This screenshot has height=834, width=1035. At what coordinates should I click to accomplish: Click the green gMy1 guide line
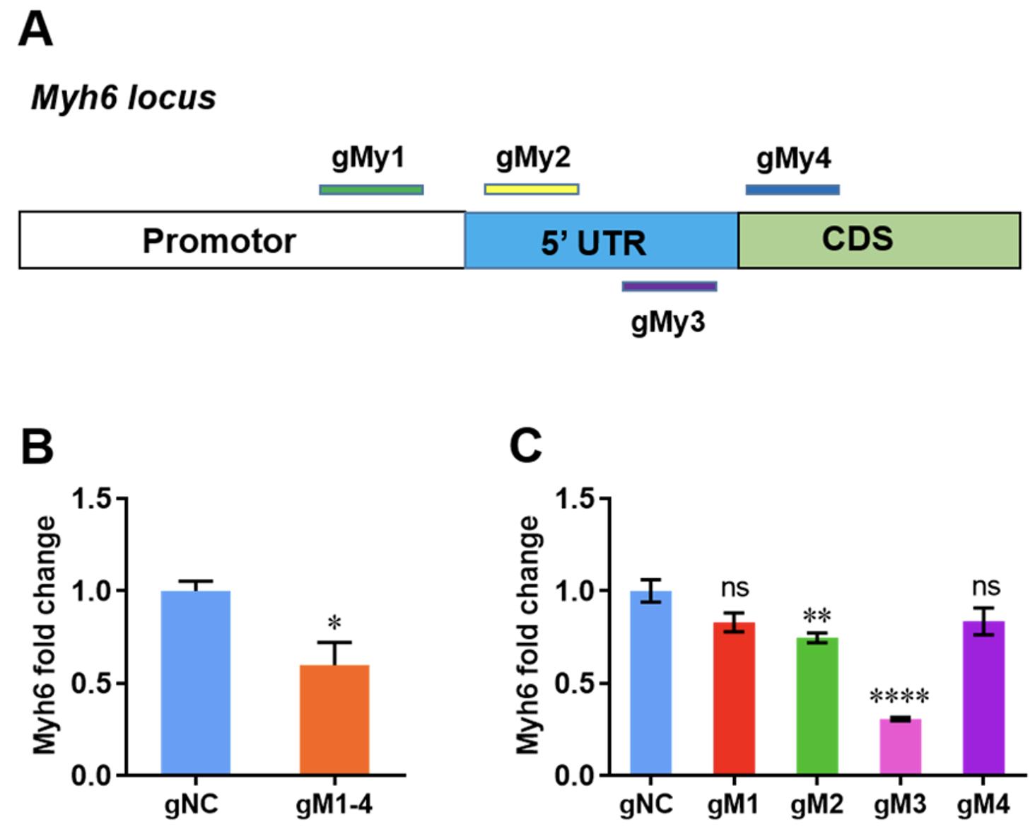[371, 189]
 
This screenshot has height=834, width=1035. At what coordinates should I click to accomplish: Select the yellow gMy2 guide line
[532, 189]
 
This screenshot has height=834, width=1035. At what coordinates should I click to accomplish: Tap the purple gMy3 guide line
[669, 286]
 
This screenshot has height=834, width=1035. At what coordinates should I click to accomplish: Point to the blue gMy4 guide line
[793, 189]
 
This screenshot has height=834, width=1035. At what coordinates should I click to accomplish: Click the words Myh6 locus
[124, 98]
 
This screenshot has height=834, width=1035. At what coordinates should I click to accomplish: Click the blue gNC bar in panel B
[196, 683]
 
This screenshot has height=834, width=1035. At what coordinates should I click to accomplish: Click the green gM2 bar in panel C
[817, 706]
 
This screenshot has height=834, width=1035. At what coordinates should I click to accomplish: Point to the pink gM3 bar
[900, 747]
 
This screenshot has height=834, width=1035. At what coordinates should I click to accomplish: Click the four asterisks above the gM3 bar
[899, 698]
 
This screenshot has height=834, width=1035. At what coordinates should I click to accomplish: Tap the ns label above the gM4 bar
[986, 587]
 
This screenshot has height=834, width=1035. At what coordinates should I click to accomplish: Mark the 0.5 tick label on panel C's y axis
[576, 683]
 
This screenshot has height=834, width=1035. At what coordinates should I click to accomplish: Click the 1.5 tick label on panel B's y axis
[92, 499]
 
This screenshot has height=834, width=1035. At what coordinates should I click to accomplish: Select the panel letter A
[35, 31]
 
